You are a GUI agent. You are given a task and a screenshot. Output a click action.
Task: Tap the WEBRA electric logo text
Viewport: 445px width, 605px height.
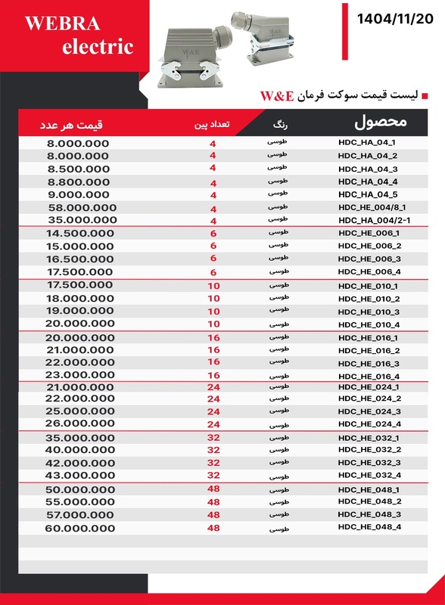[x=79, y=36]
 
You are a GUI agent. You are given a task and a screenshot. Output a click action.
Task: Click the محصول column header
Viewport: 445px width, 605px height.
[x=381, y=122]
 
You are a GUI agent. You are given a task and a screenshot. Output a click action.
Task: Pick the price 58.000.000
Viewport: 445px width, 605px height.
[x=82, y=207]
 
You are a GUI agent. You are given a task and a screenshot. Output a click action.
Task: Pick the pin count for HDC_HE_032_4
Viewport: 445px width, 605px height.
[x=213, y=476]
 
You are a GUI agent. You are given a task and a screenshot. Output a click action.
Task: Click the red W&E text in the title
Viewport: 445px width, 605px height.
[x=276, y=96]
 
